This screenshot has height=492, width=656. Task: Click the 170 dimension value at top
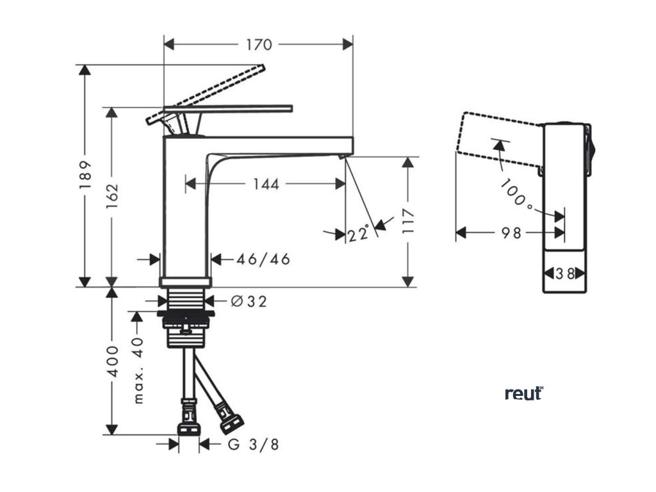pos(259,45)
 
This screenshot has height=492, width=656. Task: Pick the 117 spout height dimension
pos(408,221)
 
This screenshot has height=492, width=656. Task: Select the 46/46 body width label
pos(263,259)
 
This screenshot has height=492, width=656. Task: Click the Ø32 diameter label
pos(249,300)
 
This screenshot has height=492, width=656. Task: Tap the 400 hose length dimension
pos(113,362)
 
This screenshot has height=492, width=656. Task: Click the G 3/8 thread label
pos(253,444)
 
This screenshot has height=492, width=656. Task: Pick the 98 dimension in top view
pos(511,233)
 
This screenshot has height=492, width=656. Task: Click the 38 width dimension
pos(564,274)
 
